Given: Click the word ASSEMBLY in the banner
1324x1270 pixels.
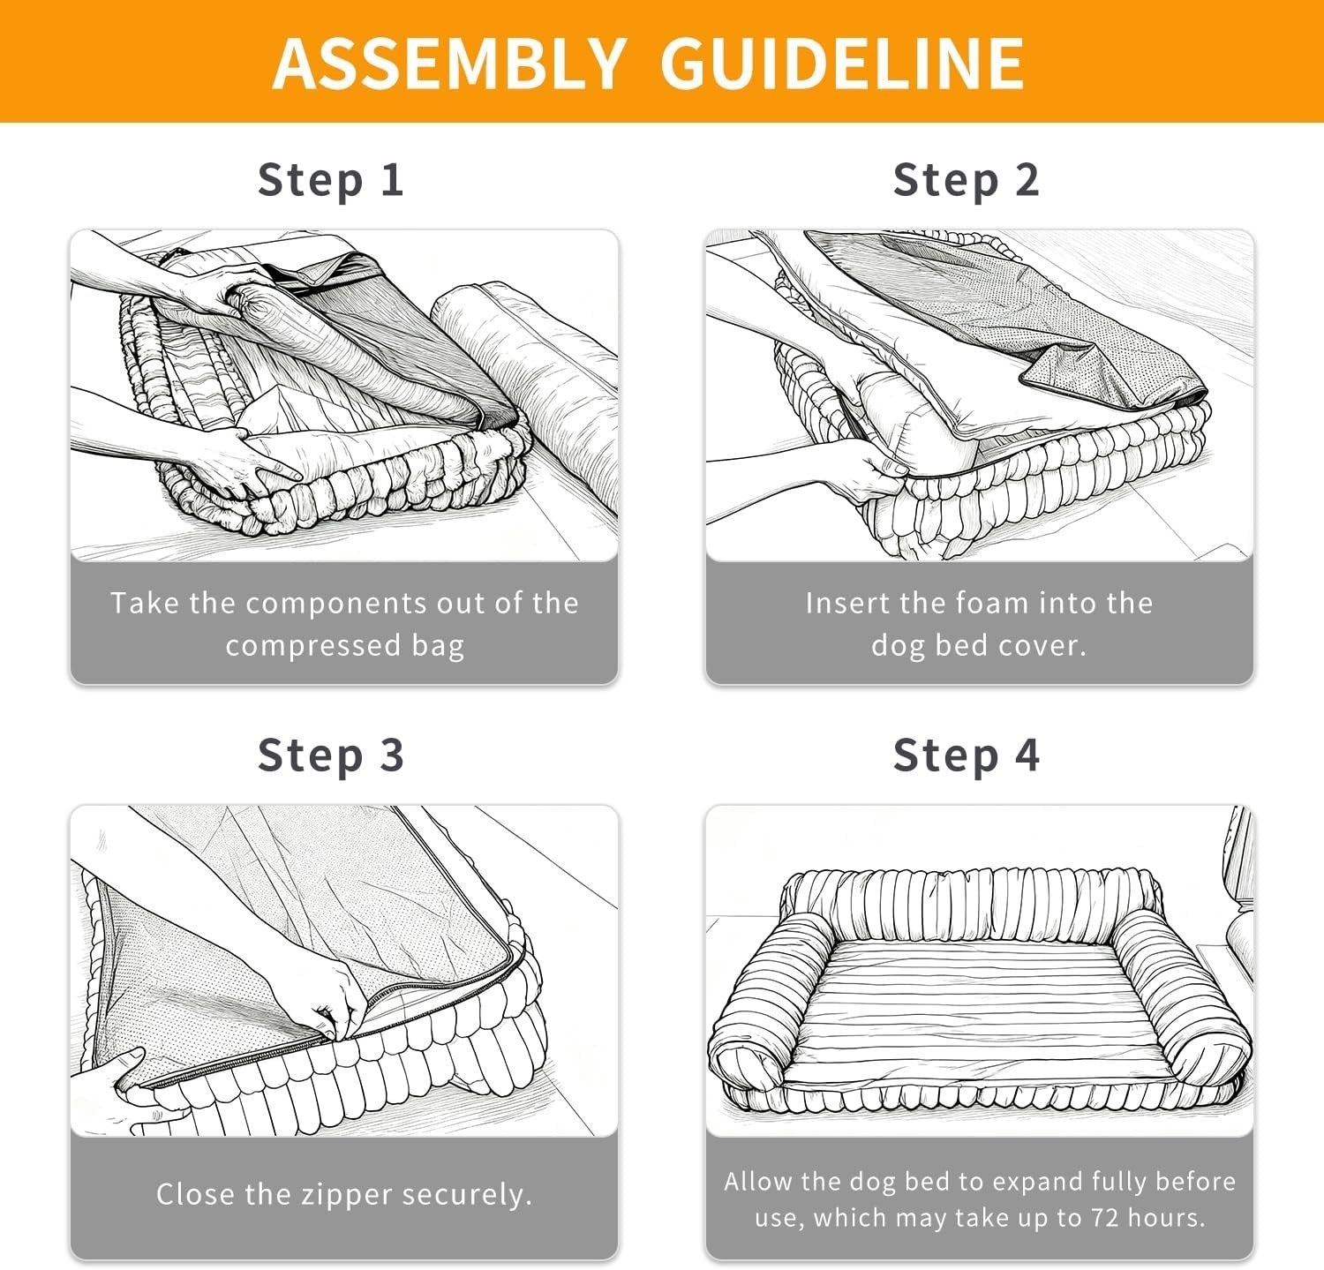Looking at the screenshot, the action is tap(450, 63).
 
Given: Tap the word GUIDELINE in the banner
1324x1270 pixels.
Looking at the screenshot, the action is tap(842, 63).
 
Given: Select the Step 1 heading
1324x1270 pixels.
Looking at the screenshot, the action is tap(331, 180).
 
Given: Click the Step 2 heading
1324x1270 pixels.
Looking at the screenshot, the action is tap(967, 180).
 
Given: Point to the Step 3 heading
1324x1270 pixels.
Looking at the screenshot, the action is tap(331, 755).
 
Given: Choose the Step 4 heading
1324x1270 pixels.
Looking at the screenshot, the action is tap(967, 755).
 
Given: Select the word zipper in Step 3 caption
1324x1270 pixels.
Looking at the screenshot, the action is tap(347, 1196).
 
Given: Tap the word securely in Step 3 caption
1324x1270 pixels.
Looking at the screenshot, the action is tap(467, 1196).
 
